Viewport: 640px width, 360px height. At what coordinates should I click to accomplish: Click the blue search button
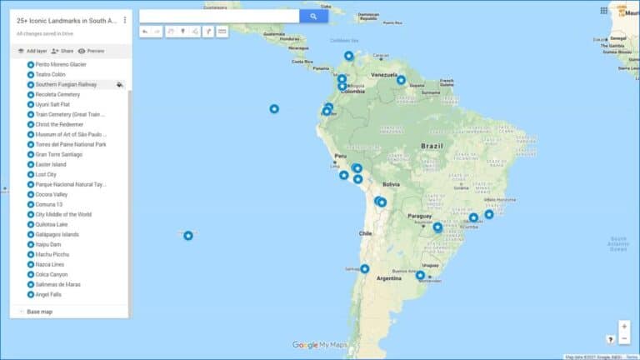(x=313, y=16)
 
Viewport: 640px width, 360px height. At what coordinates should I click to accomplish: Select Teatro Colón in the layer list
(x=51, y=74)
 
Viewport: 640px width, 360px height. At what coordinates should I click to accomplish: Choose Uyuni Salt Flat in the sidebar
(x=57, y=104)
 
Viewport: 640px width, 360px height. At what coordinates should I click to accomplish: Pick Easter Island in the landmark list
(x=52, y=164)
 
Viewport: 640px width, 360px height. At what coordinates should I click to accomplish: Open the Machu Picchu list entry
(x=55, y=254)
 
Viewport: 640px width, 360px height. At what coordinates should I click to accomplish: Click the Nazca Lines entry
(x=52, y=264)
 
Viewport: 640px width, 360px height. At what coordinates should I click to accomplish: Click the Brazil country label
(x=432, y=146)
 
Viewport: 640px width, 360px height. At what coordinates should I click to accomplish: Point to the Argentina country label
(x=389, y=278)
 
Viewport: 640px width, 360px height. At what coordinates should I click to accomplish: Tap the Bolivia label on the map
(x=392, y=184)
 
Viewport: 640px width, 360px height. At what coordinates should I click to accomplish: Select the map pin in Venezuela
(x=401, y=81)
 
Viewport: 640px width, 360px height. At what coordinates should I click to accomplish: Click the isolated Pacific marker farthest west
(x=188, y=236)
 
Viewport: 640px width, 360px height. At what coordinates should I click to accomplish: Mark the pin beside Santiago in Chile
(x=365, y=268)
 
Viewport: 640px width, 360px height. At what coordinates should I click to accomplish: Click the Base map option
(x=40, y=312)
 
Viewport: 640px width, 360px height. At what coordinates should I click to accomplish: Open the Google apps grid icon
(x=604, y=11)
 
